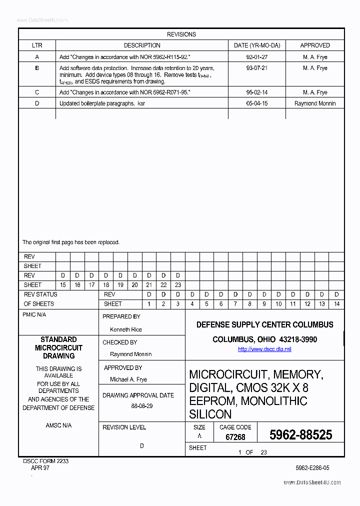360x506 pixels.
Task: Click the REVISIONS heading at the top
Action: pos(181,34)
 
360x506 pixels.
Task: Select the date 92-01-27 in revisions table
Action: pos(257,57)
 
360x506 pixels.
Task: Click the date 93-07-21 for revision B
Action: pos(257,68)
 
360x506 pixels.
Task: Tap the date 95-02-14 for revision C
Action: pos(257,92)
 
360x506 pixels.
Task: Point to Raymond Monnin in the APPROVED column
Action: pos(315,103)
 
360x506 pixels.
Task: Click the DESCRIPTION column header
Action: pos(142,45)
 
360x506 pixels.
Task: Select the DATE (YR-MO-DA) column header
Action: pos(257,45)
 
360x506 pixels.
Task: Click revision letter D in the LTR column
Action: pos(37,103)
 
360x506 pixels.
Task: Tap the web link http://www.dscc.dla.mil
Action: pos(264,349)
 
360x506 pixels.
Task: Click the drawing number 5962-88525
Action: pos(300,435)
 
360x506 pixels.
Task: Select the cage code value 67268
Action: pos(235,437)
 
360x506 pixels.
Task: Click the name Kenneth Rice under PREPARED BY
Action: pos(126,329)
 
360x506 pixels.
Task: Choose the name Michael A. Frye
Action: pos(128,379)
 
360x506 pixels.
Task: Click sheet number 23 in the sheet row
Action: pos(177,285)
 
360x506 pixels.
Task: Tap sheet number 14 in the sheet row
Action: pos(336,304)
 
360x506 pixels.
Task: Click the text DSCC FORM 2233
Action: pos(46,461)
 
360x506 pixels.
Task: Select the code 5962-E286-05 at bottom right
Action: pos(312,468)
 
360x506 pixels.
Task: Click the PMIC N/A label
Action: pos(34,315)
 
